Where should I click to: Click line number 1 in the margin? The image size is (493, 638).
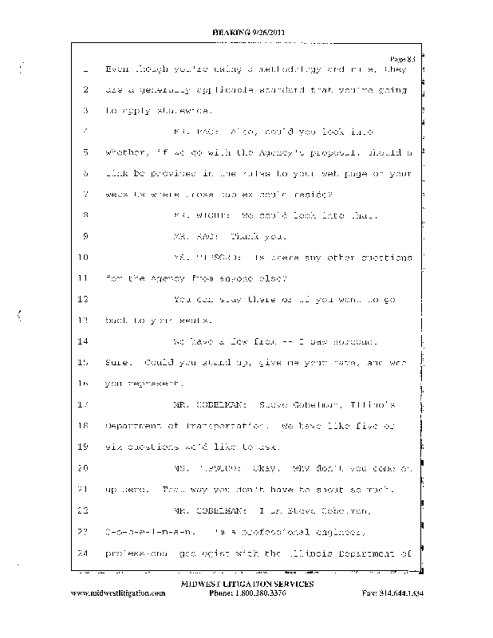84,69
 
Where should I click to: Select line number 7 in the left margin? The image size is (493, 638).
84,194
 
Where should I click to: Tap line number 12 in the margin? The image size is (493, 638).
82,299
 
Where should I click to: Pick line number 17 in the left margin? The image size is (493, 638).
82,404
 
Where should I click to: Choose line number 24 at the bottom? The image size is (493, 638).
82,552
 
